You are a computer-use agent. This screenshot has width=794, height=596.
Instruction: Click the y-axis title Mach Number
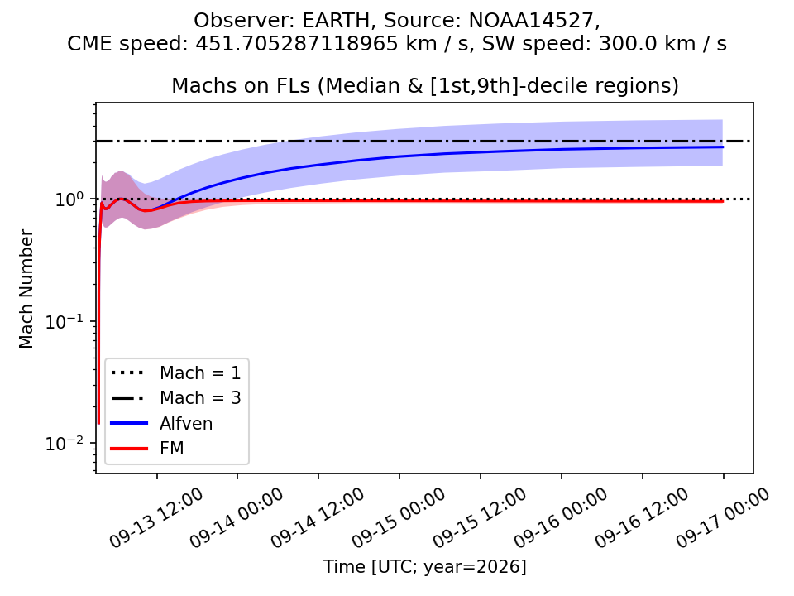tap(26, 289)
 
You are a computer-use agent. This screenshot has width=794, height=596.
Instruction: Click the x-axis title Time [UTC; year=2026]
tap(425, 566)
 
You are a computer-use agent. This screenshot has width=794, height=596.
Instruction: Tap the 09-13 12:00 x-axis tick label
tap(157, 518)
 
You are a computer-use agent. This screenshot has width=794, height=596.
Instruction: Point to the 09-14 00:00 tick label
tap(237, 518)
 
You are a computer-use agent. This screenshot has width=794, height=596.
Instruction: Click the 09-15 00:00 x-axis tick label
tap(399, 518)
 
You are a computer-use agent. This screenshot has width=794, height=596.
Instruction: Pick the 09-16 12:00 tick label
tap(642, 518)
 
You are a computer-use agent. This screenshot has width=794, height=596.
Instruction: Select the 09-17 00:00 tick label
tap(723, 518)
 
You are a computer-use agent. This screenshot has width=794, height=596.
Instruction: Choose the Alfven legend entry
tap(161, 423)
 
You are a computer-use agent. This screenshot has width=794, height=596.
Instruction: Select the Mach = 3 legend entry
tap(175, 398)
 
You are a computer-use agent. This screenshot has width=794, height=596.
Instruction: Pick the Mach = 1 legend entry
tap(175, 373)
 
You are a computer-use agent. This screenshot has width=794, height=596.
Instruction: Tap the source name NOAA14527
tap(531, 21)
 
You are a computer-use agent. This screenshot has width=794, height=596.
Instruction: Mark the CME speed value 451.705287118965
tap(297, 44)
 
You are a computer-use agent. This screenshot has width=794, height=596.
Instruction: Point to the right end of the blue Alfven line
tap(723, 147)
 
